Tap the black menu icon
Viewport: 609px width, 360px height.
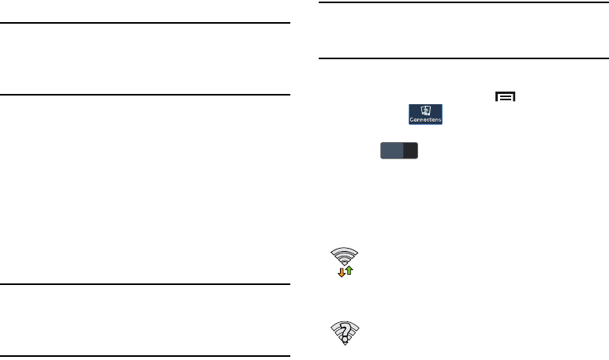tap(505, 97)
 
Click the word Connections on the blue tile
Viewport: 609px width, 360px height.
tap(425, 119)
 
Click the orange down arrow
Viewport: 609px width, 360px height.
tap(342, 272)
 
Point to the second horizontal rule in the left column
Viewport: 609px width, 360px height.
tap(147, 95)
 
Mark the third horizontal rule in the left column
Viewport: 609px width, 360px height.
tap(147, 284)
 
